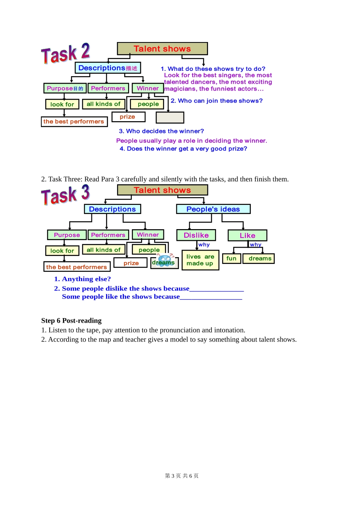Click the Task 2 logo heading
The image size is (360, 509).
pos(65,53)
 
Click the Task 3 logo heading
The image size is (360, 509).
pos(65,195)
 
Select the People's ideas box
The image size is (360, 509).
pos(213,209)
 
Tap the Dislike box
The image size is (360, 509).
pos(196,235)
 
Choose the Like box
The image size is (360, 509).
pos(247,236)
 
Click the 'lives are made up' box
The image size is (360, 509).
pos(200,260)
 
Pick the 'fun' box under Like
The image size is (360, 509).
pos(231,259)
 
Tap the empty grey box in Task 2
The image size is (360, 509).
pos(170,117)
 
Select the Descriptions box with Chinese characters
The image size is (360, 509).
pos(108,68)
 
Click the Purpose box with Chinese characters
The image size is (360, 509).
pos(65,88)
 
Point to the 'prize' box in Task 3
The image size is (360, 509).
pos(131,263)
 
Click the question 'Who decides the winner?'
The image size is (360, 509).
pos(161,131)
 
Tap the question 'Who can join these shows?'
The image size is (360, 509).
pos(216,101)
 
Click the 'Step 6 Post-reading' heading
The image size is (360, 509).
pos(71,320)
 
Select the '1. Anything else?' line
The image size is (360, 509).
pos(83,279)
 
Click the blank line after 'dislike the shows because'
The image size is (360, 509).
pos(216,289)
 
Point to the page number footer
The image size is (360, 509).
pos(182,476)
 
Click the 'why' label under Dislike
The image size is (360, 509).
pos(204,245)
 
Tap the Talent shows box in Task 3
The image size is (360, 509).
pos(163,190)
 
